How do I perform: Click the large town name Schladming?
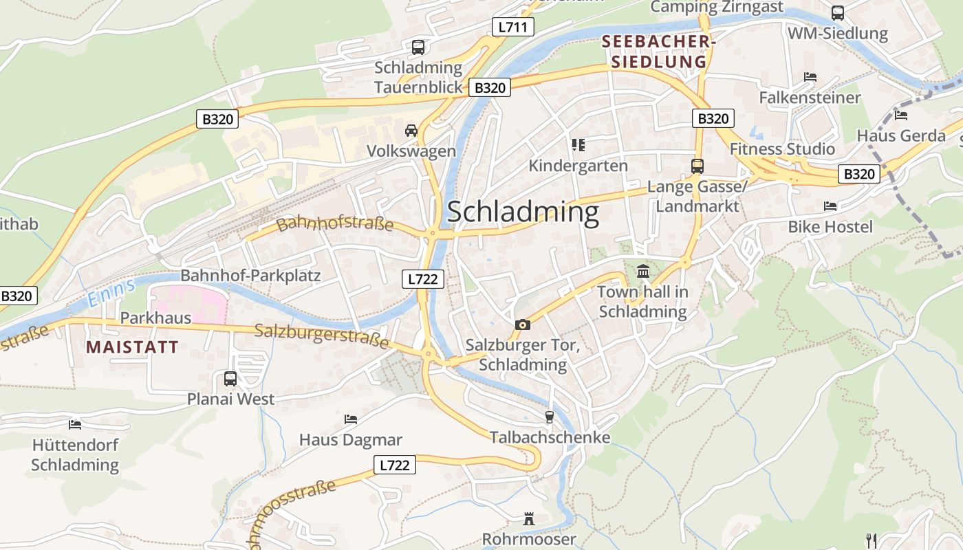click(x=523, y=212)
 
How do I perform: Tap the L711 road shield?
click(x=512, y=27)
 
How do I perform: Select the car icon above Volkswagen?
click(x=411, y=131)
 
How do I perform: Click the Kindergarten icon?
click(x=578, y=144)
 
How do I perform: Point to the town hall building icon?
click(x=643, y=271)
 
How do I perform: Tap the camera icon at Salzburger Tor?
click(x=522, y=324)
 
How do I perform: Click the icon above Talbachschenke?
click(x=549, y=417)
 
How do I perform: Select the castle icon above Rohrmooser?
click(x=528, y=518)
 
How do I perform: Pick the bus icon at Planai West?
click(x=230, y=378)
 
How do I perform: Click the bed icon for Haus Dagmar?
click(x=350, y=419)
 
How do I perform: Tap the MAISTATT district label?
click(x=132, y=347)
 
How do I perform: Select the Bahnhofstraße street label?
click(x=335, y=223)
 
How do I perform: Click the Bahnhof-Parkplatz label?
click(x=250, y=276)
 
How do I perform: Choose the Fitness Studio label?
click(x=782, y=149)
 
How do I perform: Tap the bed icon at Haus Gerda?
click(x=900, y=115)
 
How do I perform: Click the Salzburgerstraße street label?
click(x=321, y=335)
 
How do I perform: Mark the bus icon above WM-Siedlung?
click(x=837, y=12)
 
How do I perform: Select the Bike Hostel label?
click(x=830, y=227)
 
